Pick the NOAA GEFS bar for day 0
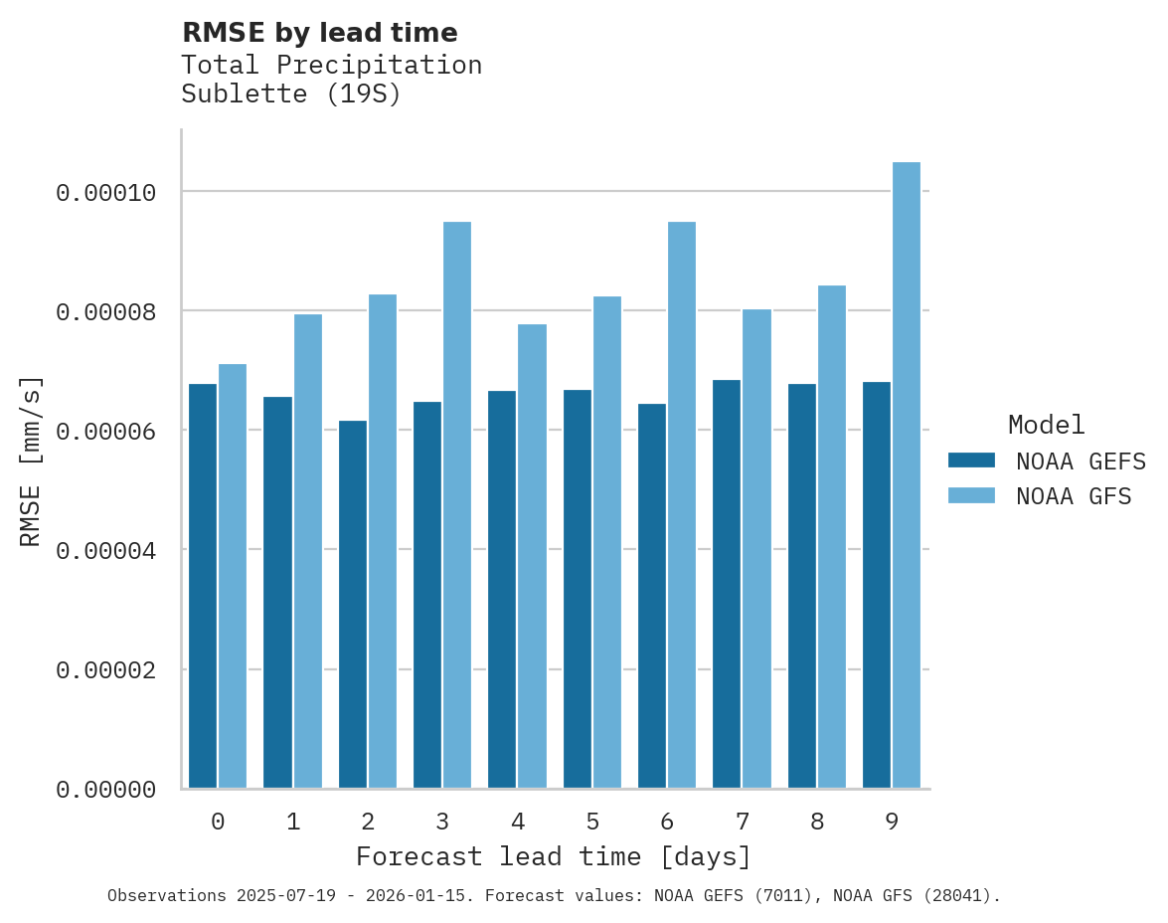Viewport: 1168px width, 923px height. tap(203, 587)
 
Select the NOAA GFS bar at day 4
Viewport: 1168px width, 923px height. tap(532, 557)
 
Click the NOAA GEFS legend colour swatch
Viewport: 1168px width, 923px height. tap(972, 461)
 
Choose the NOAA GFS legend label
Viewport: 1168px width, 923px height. tap(1074, 496)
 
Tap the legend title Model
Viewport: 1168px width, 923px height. tap(1046, 425)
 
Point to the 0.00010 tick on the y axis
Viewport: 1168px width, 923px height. tap(106, 192)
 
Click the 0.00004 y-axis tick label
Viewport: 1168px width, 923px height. tap(106, 550)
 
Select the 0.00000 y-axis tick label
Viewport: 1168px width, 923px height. tap(106, 790)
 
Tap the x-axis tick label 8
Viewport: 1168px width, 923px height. tap(817, 822)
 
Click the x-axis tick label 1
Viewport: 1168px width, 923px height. tap(293, 822)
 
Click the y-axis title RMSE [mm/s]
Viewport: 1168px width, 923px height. tap(31, 461)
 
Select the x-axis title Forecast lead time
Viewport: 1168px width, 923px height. tap(554, 856)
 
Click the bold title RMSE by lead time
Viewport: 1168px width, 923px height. tap(319, 33)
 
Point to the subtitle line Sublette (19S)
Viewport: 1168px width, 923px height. tap(290, 95)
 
